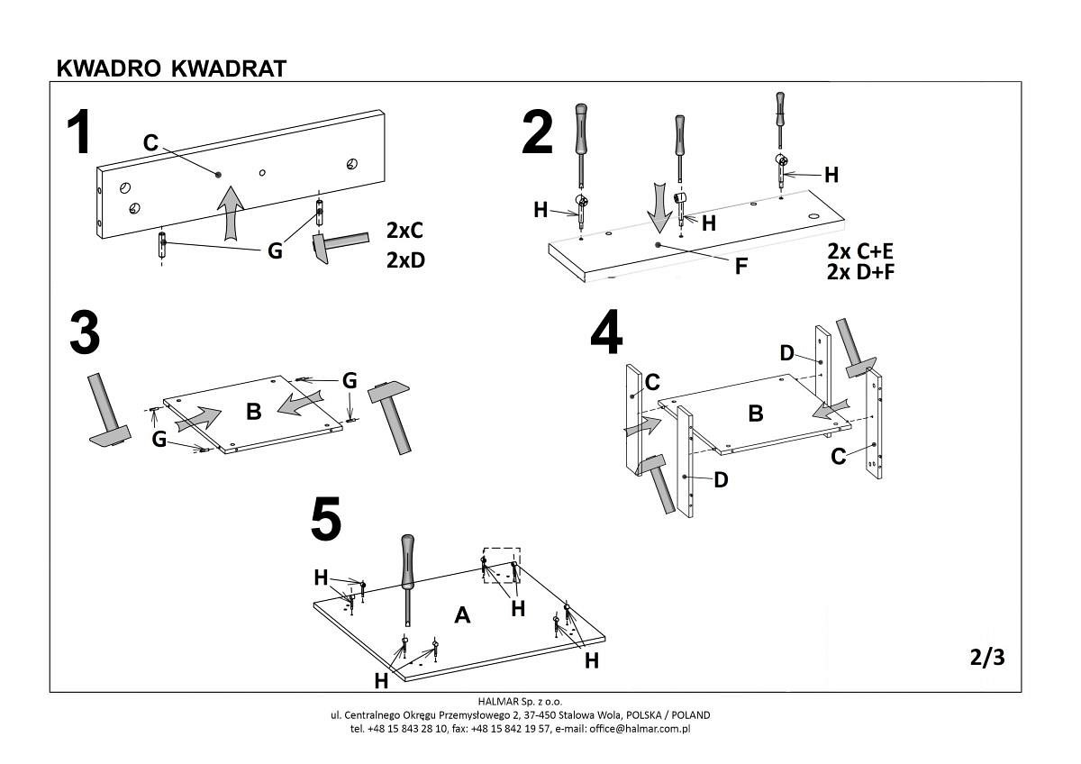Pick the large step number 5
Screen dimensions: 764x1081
pyautogui.click(x=326, y=520)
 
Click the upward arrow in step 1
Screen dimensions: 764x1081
pyautogui.click(x=232, y=211)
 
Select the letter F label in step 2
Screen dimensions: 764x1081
pyautogui.click(x=740, y=266)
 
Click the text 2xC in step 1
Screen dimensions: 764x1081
pyautogui.click(x=404, y=231)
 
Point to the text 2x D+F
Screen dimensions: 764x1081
pyautogui.click(x=858, y=271)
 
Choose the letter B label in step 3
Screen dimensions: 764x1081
pyautogui.click(x=253, y=412)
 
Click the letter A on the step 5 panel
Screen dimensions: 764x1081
pyautogui.click(x=463, y=615)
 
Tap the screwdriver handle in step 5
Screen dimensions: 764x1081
pyautogui.click(x=408, y=559)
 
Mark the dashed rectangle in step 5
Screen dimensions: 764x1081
pyautogui.click(x=502, y=565)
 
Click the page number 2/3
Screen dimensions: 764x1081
pyautogui.click(x=987, y=658)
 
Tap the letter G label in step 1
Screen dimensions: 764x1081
pyautogui.click(x=276, y=251)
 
